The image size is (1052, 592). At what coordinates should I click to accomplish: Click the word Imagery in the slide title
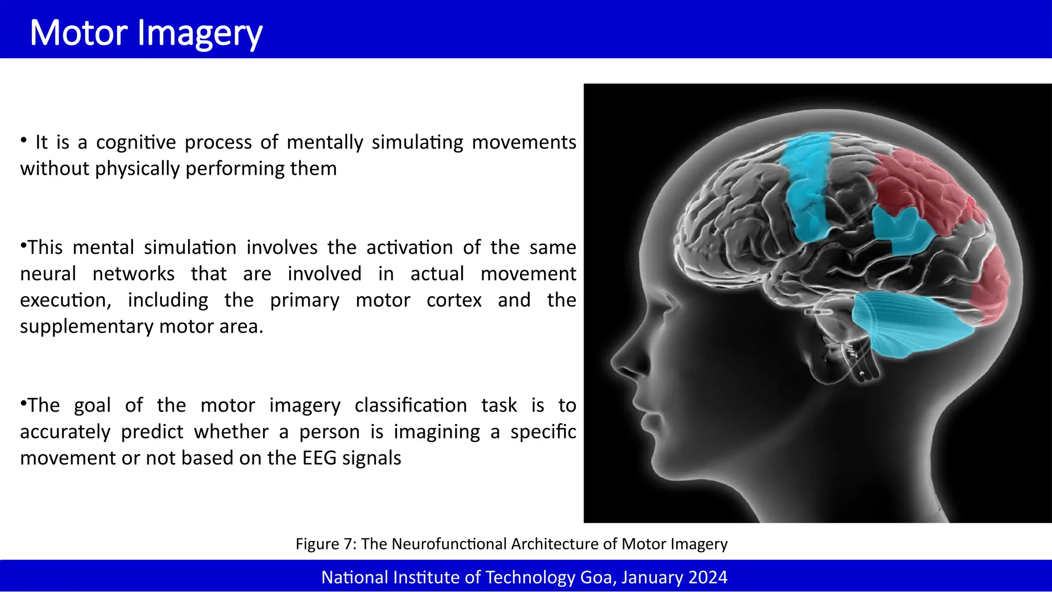200,34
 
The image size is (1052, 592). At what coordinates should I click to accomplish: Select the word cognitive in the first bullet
136,142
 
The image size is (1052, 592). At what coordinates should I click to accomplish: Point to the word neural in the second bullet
48,274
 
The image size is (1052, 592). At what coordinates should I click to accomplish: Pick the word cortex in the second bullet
454,300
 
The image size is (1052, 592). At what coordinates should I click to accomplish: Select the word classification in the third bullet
410,405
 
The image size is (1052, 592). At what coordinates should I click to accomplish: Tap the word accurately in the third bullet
65,432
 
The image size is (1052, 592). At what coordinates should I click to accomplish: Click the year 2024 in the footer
707,578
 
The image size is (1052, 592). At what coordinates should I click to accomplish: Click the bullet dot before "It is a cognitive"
24,140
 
